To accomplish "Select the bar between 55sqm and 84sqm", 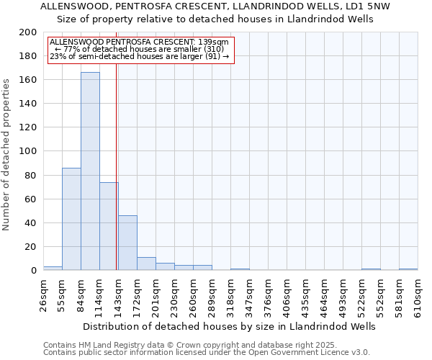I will click(x=71, y=219).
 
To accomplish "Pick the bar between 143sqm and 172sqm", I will click(x=127, y=243).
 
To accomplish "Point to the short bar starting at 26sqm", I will click(x=53, y=269).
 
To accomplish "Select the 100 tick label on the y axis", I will click(x=29, y=151).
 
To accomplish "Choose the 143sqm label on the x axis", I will click(x=119, y=296).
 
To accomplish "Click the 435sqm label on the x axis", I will click(x=306, y=296).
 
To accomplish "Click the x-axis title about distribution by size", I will click(x=230, y=326).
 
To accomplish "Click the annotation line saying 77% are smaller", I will click(x=140, y=49).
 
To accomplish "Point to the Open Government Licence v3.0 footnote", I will click(x=207, y=352).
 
